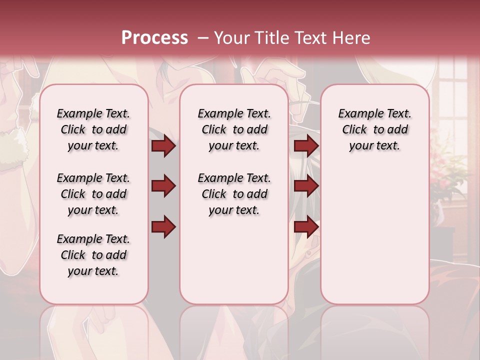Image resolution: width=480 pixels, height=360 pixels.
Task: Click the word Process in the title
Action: tap(154, 38)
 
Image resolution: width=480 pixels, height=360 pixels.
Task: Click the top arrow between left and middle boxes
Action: tap(163, 146)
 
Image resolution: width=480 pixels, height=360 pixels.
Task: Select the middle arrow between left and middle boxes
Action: tap(163, 186)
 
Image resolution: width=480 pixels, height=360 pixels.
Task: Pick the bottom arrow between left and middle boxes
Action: tap(163, 226)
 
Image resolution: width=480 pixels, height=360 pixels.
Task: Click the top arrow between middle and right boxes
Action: tap(306, 146)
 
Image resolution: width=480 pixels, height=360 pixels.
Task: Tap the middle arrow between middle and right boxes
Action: tap(306, 186)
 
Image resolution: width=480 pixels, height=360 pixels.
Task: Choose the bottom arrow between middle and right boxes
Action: tap(306, 226)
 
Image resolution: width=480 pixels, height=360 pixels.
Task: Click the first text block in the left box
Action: tap(93, 129)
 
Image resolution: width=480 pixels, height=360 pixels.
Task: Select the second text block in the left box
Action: tap(93, 194)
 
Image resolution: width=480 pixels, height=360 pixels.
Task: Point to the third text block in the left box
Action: tap(93, 255)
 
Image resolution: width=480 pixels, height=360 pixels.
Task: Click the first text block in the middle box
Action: tap(234, 129)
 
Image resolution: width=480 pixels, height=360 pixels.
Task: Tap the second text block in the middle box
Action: tap(234, 194)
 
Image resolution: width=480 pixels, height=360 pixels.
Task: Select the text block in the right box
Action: tap(374, 129)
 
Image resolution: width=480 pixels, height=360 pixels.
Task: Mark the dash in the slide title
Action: tap(203, 38)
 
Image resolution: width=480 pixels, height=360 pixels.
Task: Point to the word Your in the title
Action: tap(231, 38)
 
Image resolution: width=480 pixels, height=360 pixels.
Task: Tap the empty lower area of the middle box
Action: tap(234, 260)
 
